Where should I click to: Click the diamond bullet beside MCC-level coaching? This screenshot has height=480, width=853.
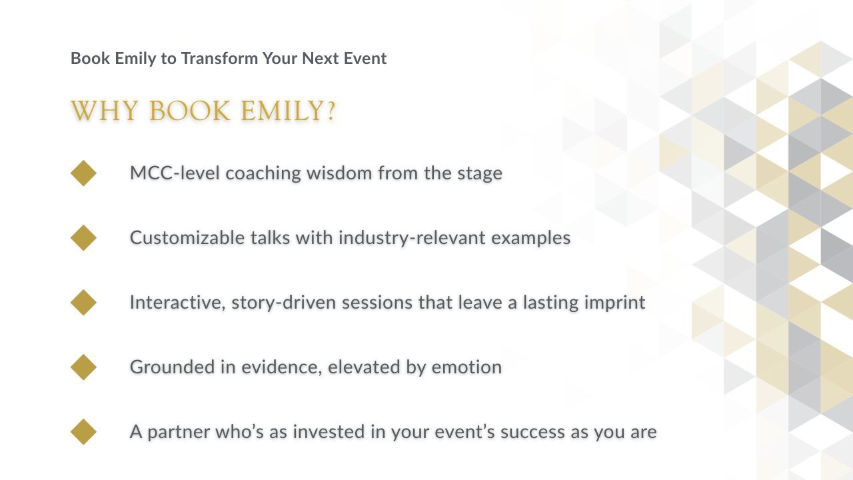(83, 173)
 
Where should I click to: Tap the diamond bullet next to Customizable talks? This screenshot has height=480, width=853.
(83, 238)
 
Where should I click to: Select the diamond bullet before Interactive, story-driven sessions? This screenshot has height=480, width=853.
(83, 303)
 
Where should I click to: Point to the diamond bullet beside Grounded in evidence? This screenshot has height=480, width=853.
(83, 367)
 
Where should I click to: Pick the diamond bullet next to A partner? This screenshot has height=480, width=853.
(83, 432)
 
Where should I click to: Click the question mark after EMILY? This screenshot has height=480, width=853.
(331, 111)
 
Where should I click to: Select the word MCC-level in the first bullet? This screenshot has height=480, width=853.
(175, 173)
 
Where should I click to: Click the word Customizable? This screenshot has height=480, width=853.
(187, 238)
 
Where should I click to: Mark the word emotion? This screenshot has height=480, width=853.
(466, 367)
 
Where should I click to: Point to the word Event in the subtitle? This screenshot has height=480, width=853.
(365, 58)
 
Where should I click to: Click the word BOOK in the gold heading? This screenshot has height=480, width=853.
(190, 111)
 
